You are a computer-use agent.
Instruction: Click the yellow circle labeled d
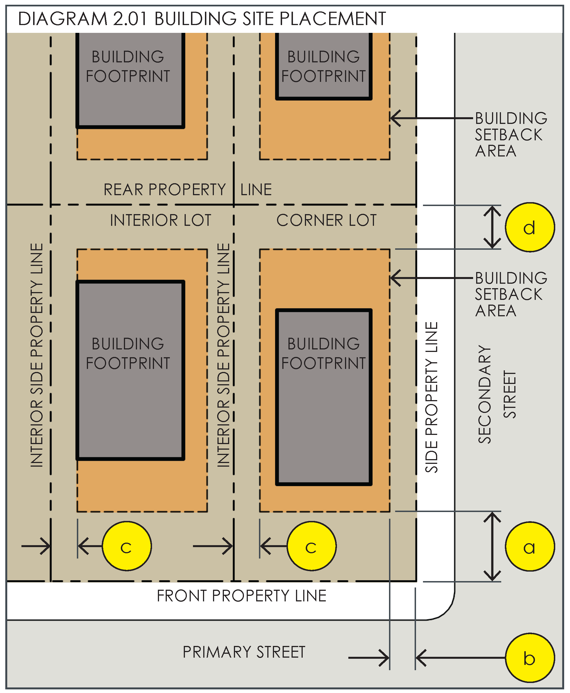pyautogui.click(x=529, y=227)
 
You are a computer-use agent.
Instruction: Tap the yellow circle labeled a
pyautogui.click(x=529, y=547)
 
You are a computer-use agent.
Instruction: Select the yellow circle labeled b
pyautogui.click(x=529, y=658)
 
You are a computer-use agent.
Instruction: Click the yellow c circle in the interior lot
pyautogui.click(x=127, y=546)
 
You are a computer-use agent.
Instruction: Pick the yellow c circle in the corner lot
pyautogui.click(x=311, y=546)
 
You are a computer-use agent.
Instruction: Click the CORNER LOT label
pyautogui.click(x=326, y=220)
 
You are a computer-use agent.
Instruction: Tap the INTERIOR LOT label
pyautogui.click(x=161, y=220)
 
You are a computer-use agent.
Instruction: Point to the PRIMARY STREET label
pyautogui.click(x=244, y=652)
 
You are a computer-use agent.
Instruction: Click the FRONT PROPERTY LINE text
pyautogui.click(x=242, y=596)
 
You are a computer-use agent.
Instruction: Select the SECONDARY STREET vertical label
pyautogui.click(x=496, y=394)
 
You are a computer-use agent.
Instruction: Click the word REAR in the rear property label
pyautogui.click(x=123, y=190)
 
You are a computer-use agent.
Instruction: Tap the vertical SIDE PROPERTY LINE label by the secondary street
pyautogui.click(x=431, y=397)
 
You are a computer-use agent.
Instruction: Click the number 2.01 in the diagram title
pyautogui.click(x=130, y=19)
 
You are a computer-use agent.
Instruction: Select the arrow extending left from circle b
pyautogui.click(x=460, y=658)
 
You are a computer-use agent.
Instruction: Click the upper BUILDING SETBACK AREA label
pyautogui.click(x=511, y=134)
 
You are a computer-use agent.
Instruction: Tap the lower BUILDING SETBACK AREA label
pyautogui.click(x=511, y=295)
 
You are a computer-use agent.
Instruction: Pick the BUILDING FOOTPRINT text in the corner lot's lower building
pyautogui.click(x=323, y=354)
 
